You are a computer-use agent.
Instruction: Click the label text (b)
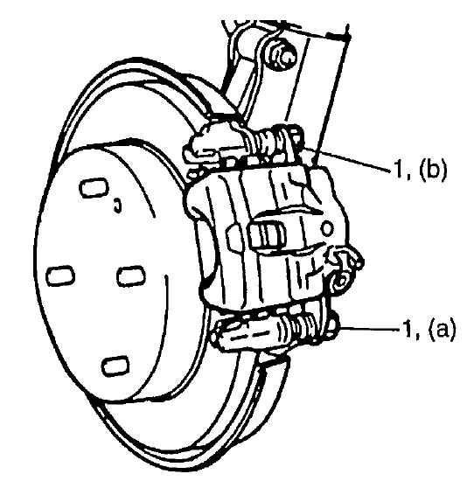click(x=433, y=170)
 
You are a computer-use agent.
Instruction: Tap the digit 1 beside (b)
click(x=399, y=169)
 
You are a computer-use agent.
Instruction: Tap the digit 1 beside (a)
click(x=408, y=329)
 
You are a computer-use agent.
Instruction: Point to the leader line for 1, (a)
click(x=368, y=329)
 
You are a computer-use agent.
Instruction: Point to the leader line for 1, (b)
click(x=349, y=160)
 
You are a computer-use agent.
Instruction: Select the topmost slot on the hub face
click(x=93, y=188)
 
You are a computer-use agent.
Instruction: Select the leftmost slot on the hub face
click(x=60, y=275)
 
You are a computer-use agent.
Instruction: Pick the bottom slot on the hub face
click(x=115, y=366)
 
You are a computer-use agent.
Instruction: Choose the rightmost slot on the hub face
click(x=131, y=276)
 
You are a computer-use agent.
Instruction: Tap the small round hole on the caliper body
click(x=327, y=228)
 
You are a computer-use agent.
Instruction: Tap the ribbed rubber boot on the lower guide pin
click(x=303, y=328)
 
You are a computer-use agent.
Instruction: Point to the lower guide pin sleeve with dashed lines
click(x=248, y=334)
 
